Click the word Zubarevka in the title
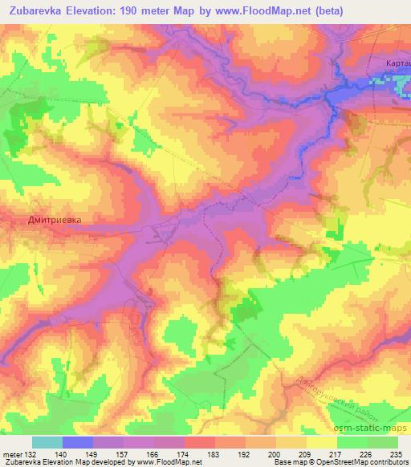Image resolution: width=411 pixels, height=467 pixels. point(39,10)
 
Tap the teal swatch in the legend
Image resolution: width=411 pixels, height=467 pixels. point(47,442)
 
